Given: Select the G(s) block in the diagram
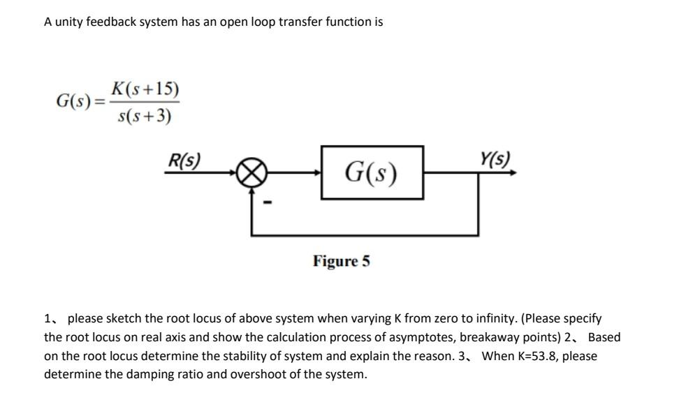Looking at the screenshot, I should click(372, 172).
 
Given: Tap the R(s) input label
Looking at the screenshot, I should click(182, 161).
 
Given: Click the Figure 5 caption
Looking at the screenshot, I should click(342, 262).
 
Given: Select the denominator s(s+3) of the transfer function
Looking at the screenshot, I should click(145, 116).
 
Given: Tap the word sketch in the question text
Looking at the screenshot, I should click(123, 319).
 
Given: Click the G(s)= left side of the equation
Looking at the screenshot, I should click(81, 102).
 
